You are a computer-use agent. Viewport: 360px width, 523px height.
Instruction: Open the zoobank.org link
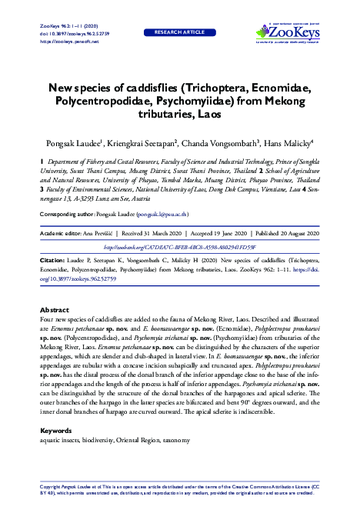(179, 247)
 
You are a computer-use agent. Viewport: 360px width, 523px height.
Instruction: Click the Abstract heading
(55, 331)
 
